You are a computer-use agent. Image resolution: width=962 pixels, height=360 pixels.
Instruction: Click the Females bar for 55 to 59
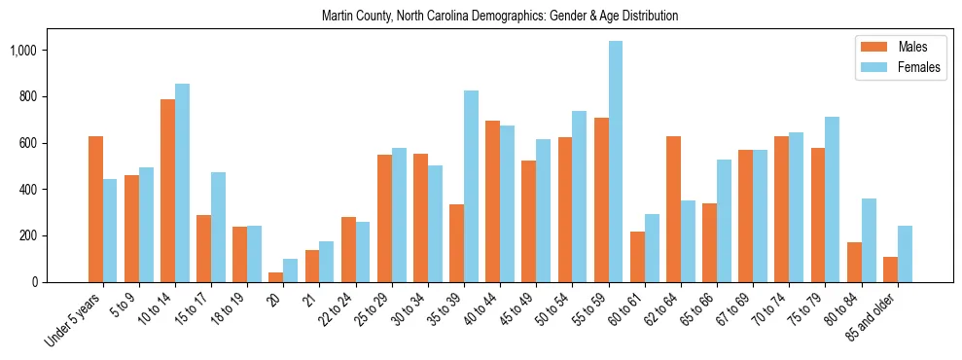pos(616,162)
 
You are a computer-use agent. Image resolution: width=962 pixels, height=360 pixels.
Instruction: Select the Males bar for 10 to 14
pos(167,191)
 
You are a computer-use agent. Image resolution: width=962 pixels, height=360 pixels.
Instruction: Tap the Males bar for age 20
pos(276,277)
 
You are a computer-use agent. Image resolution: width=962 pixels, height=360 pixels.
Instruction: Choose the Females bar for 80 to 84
pos(869,240)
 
